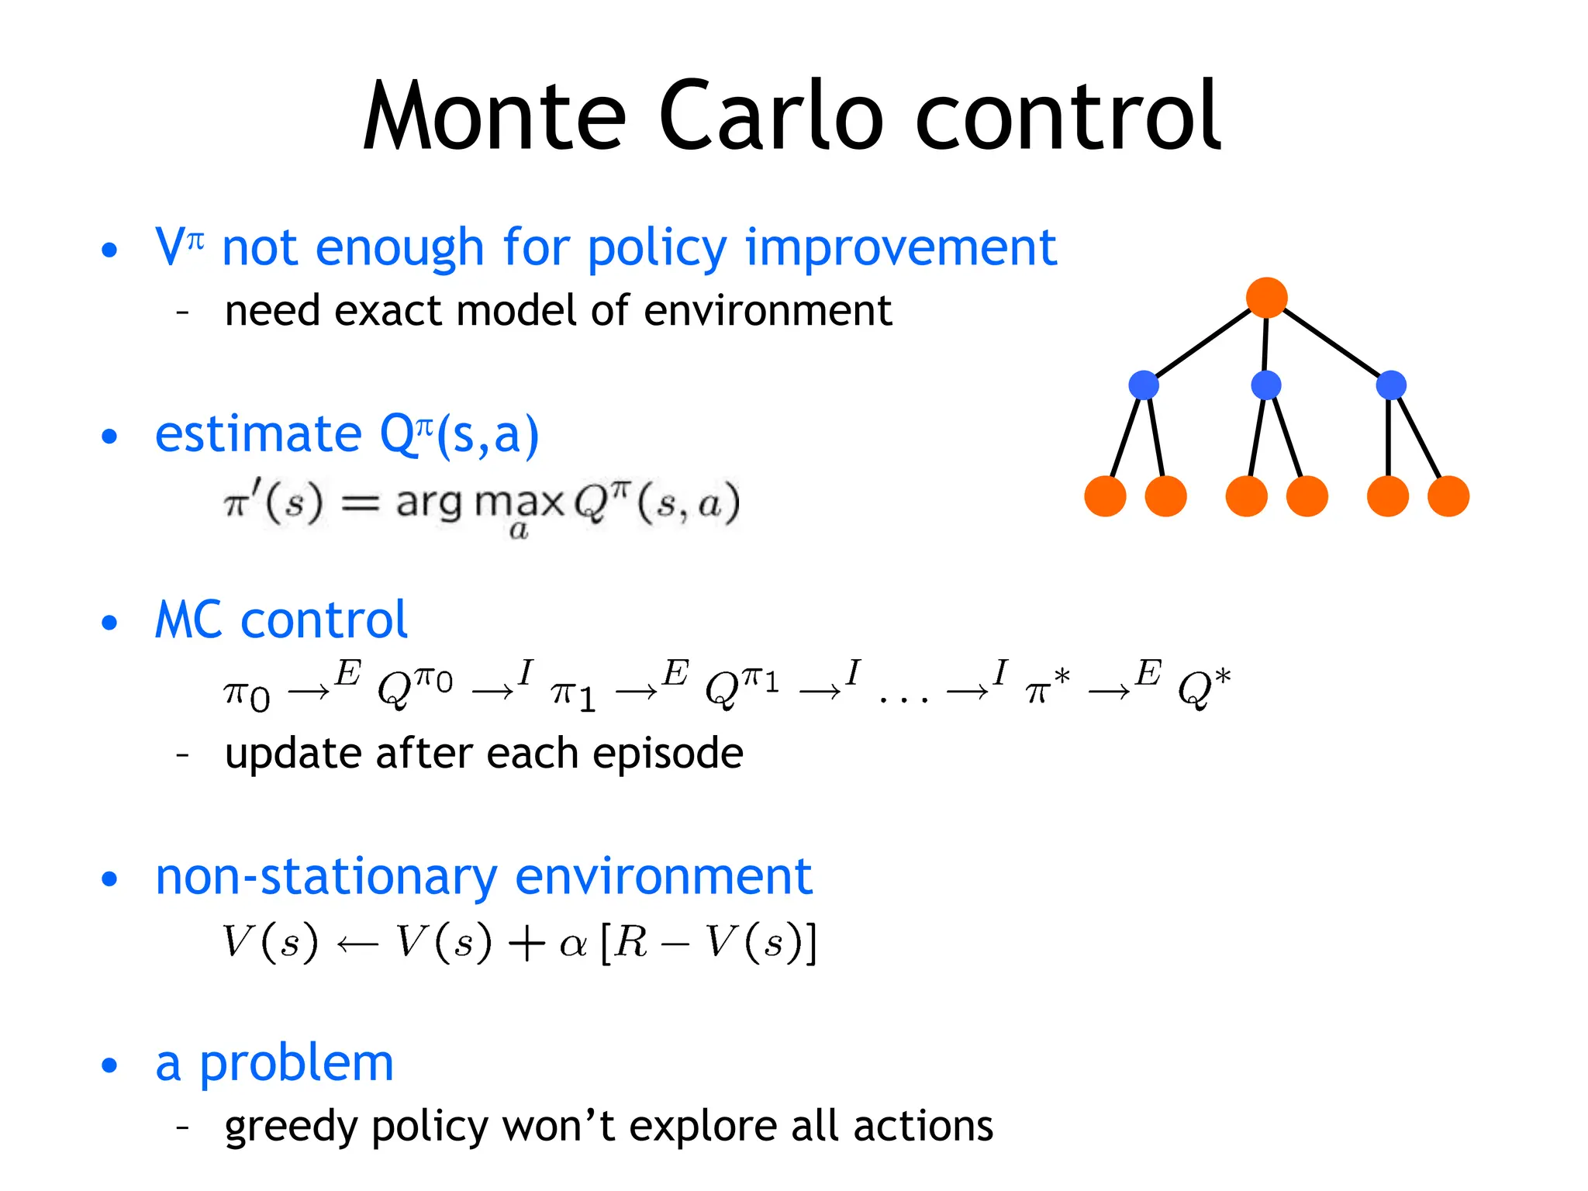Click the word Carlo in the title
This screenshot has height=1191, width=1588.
[x=771, y=116]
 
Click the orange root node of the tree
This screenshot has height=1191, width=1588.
[x=1266, y=298]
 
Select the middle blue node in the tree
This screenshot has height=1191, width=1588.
[x=1265, y=385]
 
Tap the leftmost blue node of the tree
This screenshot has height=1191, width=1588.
[x=1144, y=385]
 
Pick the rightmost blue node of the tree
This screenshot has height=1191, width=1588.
[x=1390, y=385]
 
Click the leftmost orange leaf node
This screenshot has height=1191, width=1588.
[x=1105, y=496]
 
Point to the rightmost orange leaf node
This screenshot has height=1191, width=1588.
[x=1448, y=496]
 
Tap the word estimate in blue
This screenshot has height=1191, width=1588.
[x=258, y=433]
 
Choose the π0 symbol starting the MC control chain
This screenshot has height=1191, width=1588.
[x=247, y=694]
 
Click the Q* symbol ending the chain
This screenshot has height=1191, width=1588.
[x=1203, y=687]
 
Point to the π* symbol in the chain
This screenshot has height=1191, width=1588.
[x=1046, y=687]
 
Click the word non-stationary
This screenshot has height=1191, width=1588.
[x=326, y=877]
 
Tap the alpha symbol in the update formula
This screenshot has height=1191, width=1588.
[x=572, y=944]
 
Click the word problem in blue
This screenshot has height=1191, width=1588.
[x=296, y=1063]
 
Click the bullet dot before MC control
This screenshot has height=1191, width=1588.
[x=109, y=623]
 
